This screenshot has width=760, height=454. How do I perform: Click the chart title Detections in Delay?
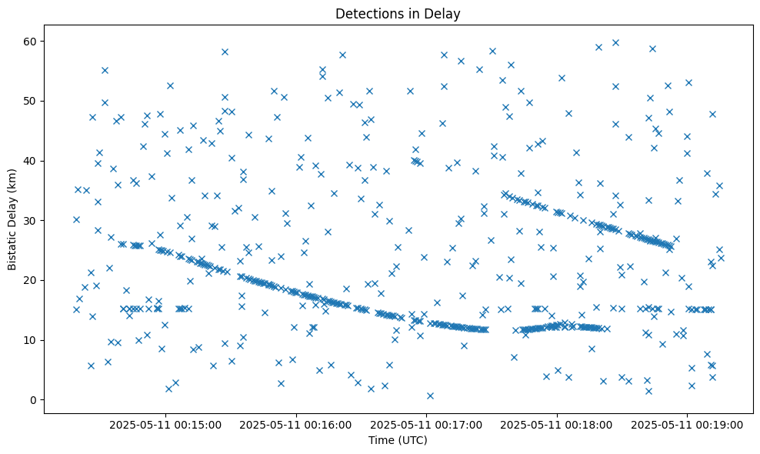click(398, 13)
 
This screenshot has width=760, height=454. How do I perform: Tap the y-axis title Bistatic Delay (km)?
click(12, 219)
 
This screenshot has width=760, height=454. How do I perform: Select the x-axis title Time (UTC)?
click(398, 440)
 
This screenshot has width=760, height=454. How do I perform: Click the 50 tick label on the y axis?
click(29, 101)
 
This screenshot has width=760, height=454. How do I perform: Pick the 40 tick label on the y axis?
click(29, 161)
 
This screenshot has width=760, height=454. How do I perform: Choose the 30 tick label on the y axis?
click(29, 220)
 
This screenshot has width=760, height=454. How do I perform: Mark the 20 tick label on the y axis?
click(29, 280)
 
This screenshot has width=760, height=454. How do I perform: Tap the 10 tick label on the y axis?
click(29, 340)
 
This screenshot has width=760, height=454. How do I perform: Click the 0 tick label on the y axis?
click(32, 399)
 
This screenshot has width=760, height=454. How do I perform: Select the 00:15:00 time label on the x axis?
click(165, 424)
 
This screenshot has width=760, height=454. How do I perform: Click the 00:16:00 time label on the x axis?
click(296, 424)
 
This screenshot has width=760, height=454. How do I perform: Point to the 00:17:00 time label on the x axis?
click(426, 424)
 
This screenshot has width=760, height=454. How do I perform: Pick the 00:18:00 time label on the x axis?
click(557, 424)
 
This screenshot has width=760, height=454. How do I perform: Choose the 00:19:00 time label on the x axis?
click(688, 424)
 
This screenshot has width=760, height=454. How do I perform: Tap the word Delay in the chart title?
click(445, 13)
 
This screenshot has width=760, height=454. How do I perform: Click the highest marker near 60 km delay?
click(615, 42)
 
